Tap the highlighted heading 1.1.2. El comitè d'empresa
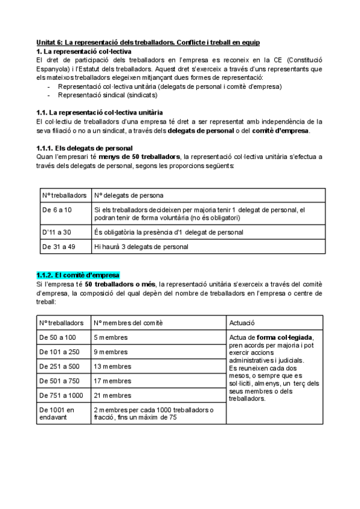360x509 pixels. [78, 275]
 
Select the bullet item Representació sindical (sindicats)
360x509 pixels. [107, 95]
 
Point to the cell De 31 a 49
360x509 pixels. [58, 246]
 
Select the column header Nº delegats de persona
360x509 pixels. [129, 195]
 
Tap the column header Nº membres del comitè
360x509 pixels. [128, 323]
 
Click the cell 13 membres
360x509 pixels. [113, 366]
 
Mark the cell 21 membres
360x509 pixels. [113, 396]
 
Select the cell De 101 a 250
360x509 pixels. [61, 352]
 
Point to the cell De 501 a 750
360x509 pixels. [61, 381]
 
